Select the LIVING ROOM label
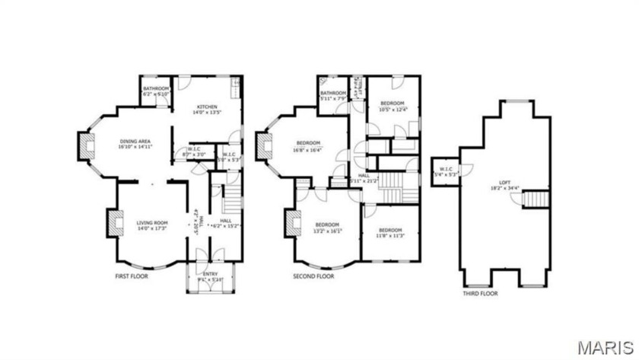[151, 223]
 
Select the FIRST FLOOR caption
[132, 277]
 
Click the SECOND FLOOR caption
[313, 277]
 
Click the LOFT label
[504, 183]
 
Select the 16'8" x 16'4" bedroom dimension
[308, 149]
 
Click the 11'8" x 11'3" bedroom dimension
[390, 235]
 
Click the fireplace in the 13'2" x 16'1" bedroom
[291, 225]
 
